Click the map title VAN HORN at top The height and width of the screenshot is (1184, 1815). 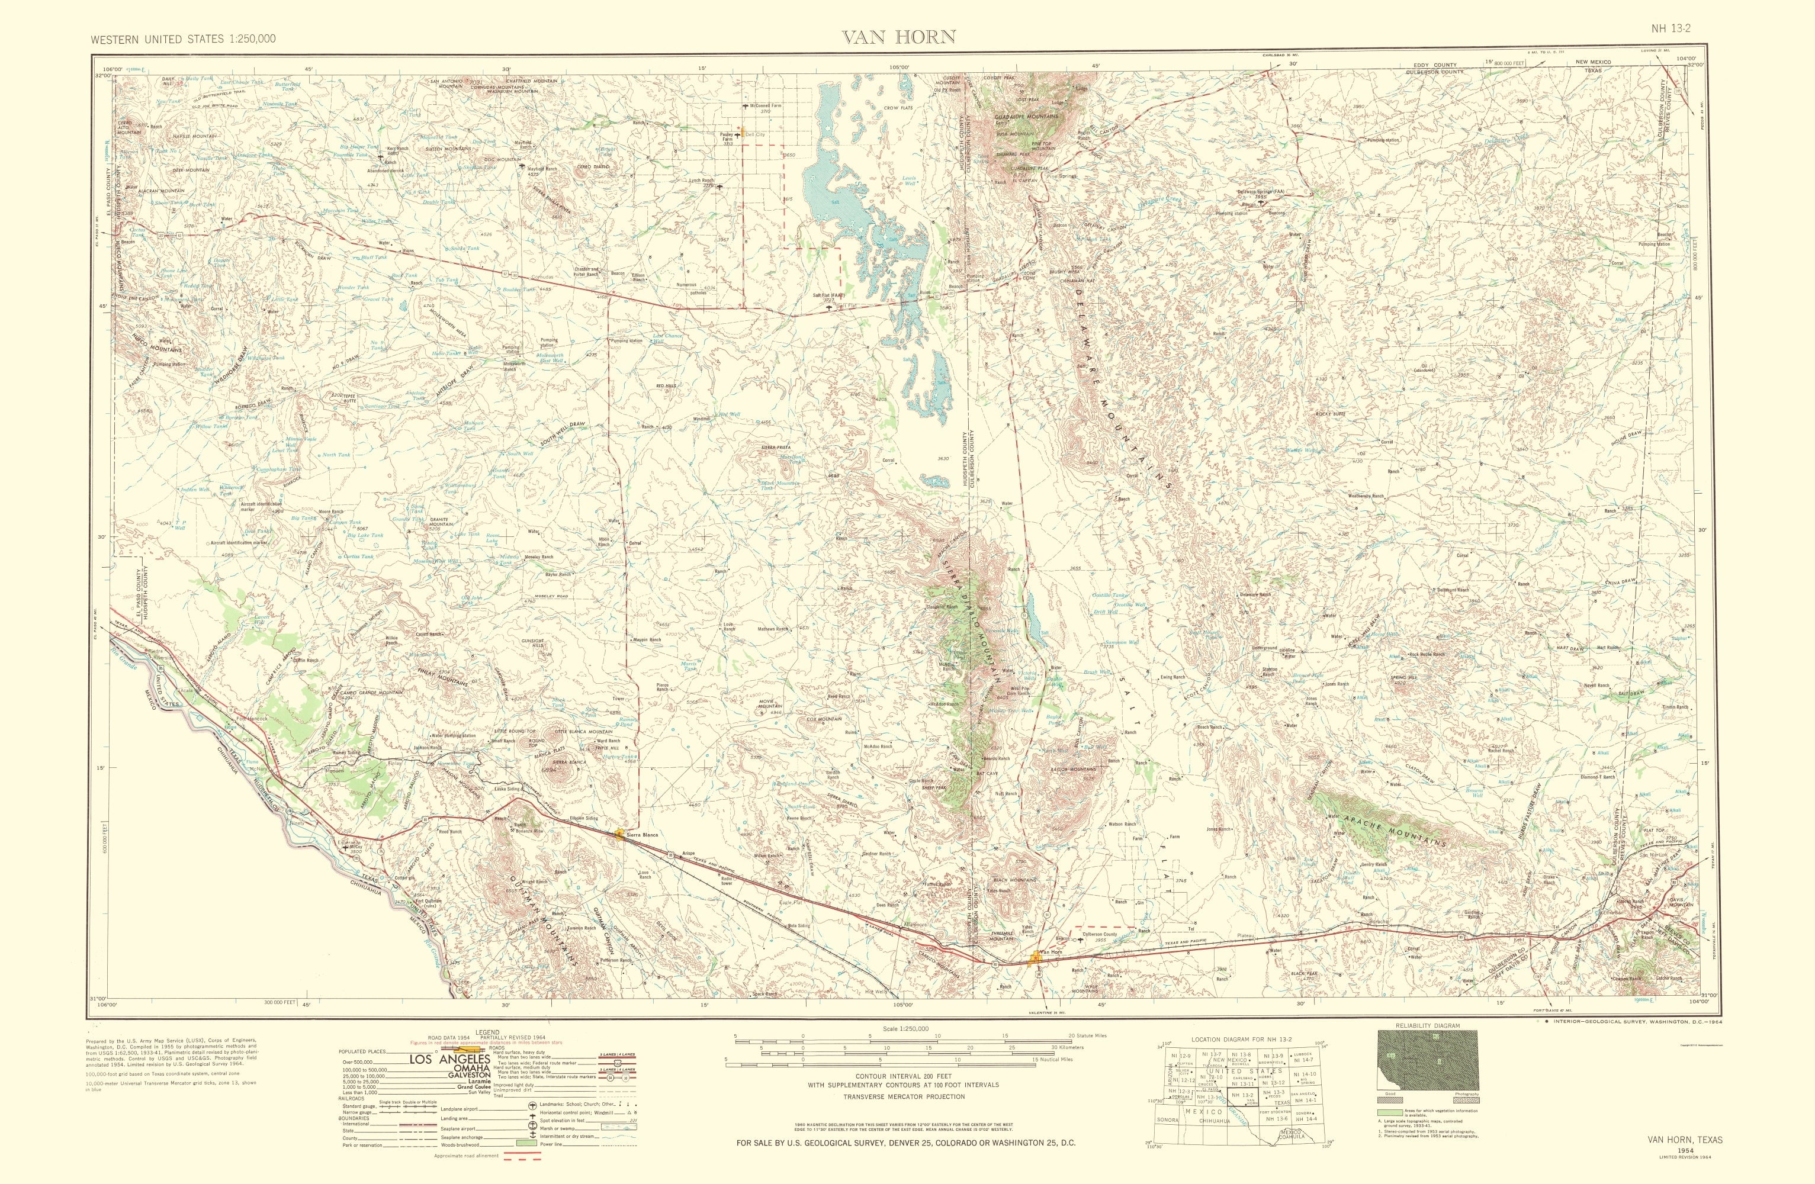898,37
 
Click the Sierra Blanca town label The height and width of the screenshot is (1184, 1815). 641,837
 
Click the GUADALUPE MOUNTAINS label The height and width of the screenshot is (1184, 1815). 1026,117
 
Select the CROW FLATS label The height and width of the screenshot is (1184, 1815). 898,108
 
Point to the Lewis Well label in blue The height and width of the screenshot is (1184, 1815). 909,182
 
